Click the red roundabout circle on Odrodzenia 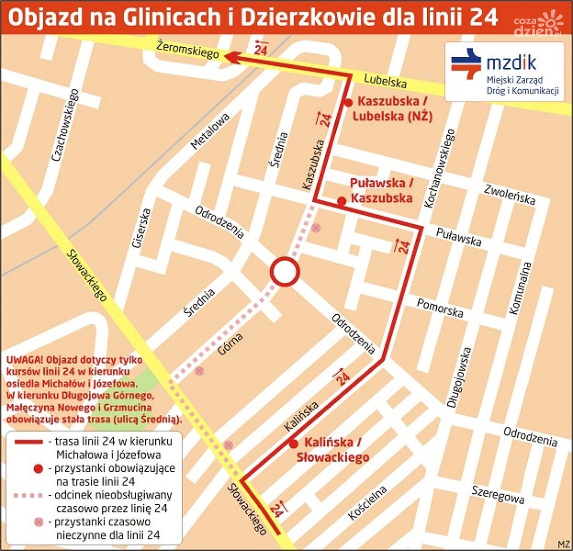coord(285,272)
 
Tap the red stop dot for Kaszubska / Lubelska coord(348,103)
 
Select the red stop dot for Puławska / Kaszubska coord(342,201)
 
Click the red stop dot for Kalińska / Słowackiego coord(293,444)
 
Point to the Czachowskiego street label coord(66,125)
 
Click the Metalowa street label coord(210,131)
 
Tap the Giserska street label coord(139,229)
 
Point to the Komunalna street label coord(520,288)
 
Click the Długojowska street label coord(459,377)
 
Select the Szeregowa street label coord(498,494)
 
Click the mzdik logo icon coord(466,63)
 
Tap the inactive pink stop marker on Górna coord(200,371)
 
